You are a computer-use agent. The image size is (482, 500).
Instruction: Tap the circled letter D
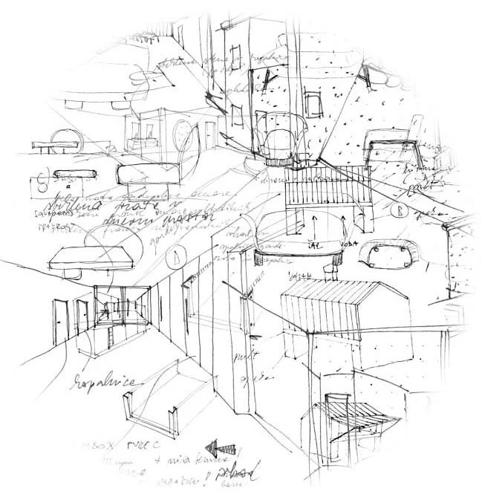[x=175, y=259]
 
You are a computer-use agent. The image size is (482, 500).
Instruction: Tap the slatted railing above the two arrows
[x=327, y=195]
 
